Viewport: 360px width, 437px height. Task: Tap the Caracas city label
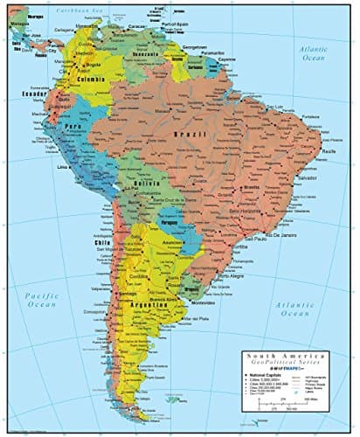pyautogui.click(x=139, y=27)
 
